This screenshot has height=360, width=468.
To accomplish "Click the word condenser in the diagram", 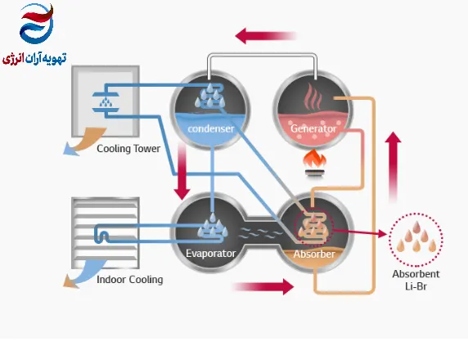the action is [211, 128].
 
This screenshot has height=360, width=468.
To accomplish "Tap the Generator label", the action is [313, 128].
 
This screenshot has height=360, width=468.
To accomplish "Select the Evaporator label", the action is [211, 254].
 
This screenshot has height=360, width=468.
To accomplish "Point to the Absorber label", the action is [314, 254].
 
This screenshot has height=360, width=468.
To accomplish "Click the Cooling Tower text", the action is [128, 149].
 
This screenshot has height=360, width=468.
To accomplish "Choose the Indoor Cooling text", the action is [130, 280].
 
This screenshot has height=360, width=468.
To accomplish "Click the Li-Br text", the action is [416, 286].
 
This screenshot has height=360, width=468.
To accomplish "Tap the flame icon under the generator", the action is [314, 164].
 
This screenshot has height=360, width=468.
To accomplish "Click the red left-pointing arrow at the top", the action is [266, 36].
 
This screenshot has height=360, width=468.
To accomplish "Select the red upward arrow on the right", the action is [393, 167].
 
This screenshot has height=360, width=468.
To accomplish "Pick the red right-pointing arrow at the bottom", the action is [263, 287].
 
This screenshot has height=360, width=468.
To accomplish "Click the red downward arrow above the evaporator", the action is [182, 171].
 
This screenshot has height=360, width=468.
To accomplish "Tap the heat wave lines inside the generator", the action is [313, 97].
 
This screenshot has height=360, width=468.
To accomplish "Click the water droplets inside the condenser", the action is [210, 96].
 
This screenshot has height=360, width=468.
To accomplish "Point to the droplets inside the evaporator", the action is [213, 226].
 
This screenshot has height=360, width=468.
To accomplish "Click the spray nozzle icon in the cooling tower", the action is [106, 102].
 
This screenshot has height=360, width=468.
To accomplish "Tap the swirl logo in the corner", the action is [37, 24].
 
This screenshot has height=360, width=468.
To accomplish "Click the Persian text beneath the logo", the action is [34, 58].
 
